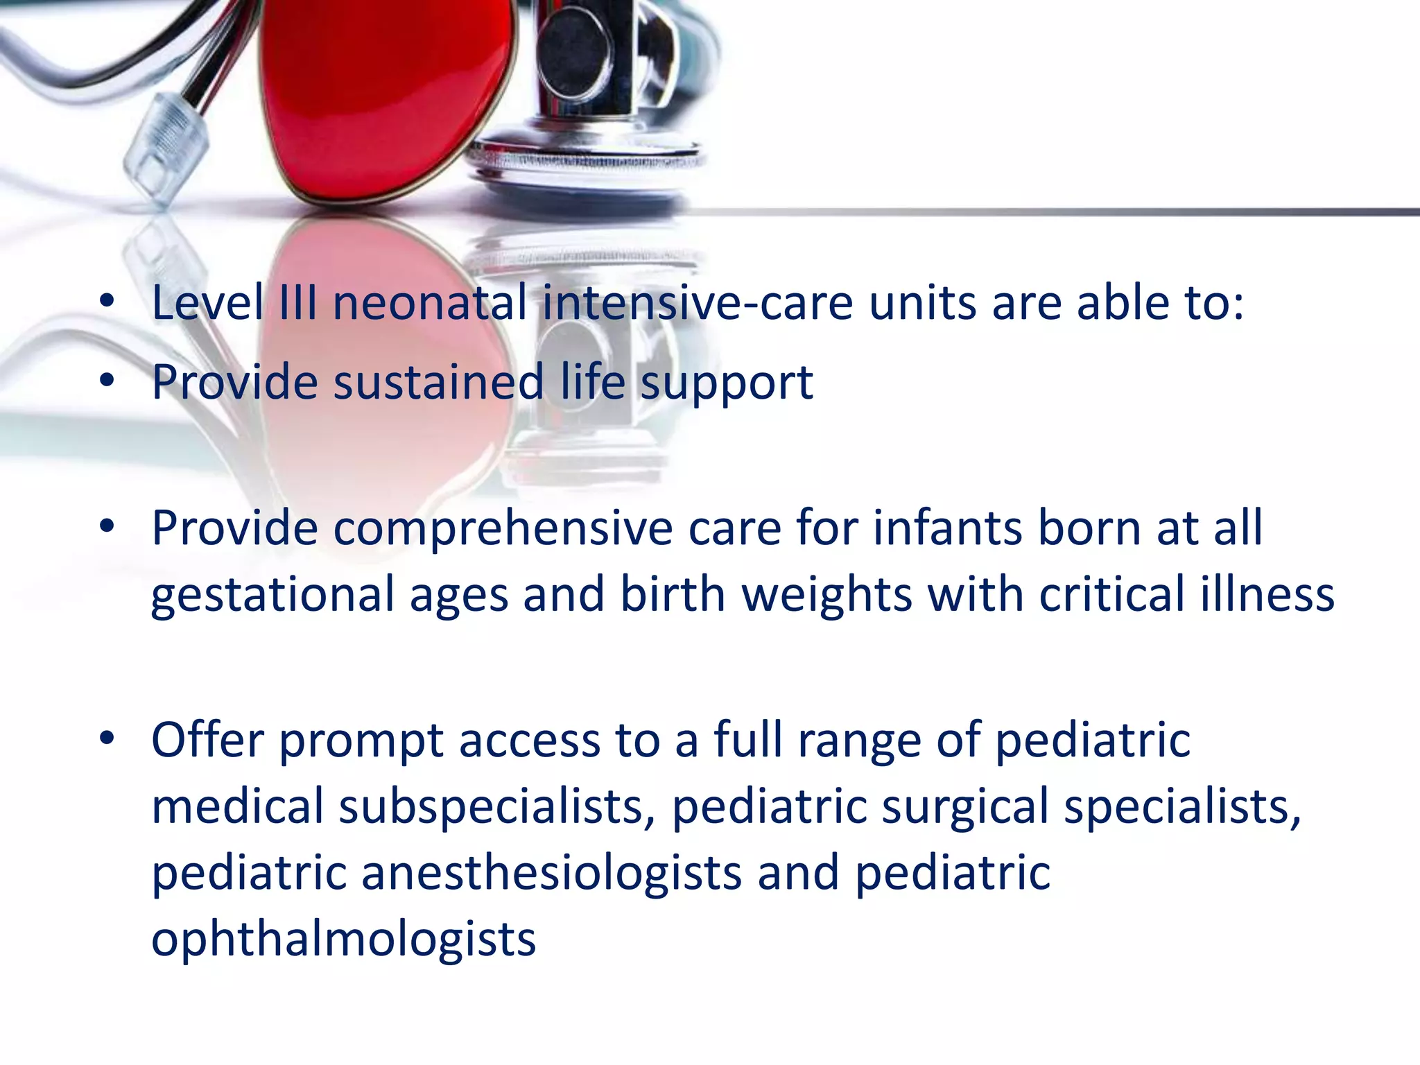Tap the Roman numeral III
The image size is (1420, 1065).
(298, 303)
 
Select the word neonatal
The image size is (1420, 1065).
(430, 304)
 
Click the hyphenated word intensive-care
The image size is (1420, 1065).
(697, 304)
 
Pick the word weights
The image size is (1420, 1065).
(826, 595)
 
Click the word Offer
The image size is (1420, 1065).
(207, 740)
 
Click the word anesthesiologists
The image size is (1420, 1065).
(551, 873)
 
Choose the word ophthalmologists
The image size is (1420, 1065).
(343, 940)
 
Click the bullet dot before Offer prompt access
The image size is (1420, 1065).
(106, 738)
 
